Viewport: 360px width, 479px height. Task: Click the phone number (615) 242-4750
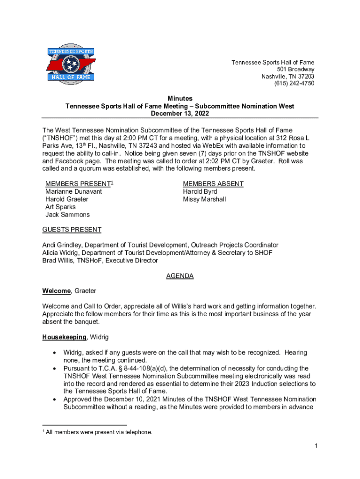coord(294,83)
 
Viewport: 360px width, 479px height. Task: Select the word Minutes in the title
coord(180,98)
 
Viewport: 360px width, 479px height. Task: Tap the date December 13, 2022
coord(180,113)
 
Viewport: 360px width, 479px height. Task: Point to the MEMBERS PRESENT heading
coord(78,184)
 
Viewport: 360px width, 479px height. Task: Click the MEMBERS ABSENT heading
coord(213,184)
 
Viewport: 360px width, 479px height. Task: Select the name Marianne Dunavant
coord(73,191)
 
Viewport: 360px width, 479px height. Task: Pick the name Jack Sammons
coord(67,215)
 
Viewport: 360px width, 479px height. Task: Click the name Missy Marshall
coord(204,199)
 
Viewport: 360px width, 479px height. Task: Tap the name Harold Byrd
coord(200,191)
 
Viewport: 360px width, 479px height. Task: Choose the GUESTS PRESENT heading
coord(72,230)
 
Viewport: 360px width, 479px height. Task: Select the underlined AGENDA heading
coord(180,276)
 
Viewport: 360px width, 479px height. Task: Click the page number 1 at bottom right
coord(316,446)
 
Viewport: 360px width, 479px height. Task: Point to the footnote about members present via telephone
coord(99,432)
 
